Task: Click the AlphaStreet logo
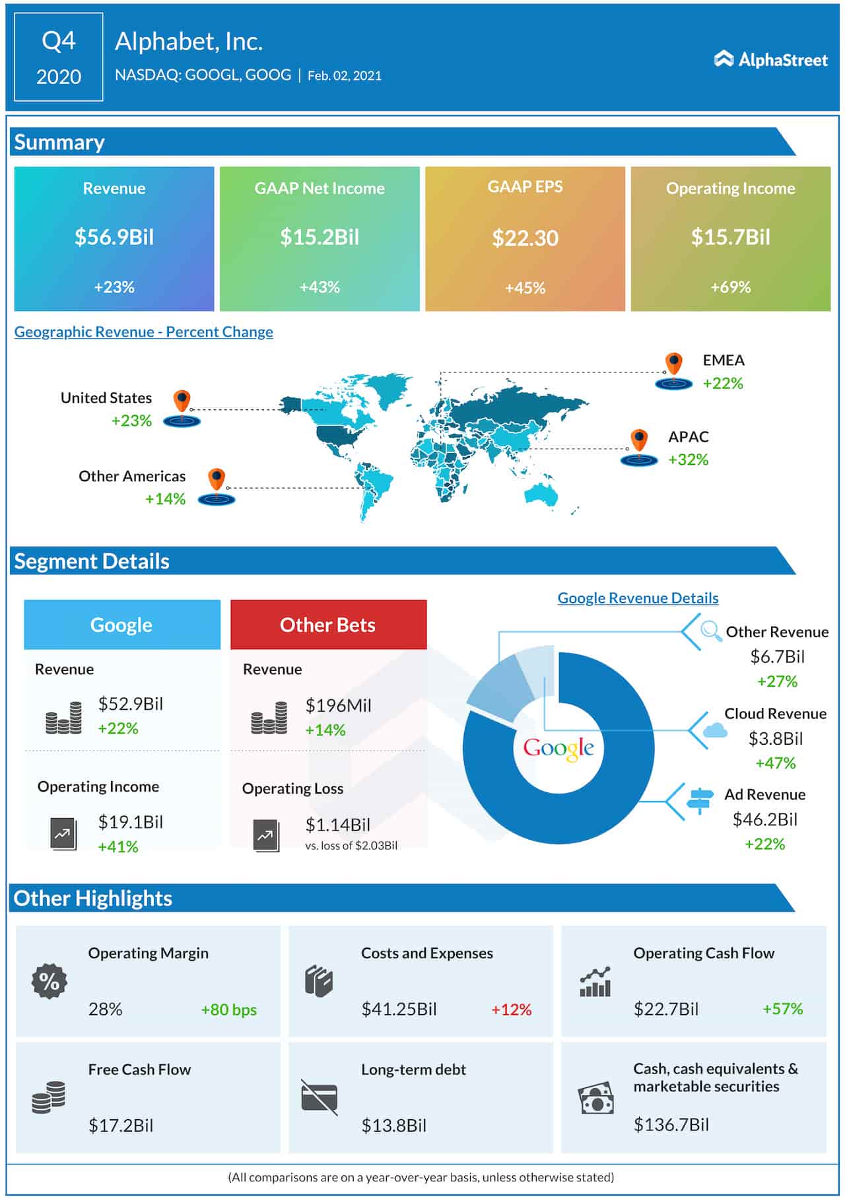(x=770, y=59)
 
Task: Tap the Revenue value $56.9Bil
(x=114, y=237)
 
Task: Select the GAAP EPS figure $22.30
(x=525, y=238)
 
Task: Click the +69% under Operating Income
(x=730, y=287)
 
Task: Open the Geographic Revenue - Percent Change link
(x=143, y=331)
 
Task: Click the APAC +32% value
(x=688, y=460)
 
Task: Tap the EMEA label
(x=724, y=360)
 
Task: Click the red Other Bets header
(x=328, y=625)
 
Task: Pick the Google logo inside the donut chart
(x=558, y=748)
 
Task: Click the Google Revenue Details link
(x=638, y=598)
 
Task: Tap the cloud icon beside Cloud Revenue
(x=715, y=730)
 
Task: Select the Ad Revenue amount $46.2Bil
(x=764, y=819)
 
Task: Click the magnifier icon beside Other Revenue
(x=710, y=631)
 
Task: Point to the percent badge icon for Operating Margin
(x=50, y=981)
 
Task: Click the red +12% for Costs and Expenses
(x=511, y=1010)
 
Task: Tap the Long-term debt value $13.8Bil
(x=393, y=1126)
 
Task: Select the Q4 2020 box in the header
(x=59, y=58)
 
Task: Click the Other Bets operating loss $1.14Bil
(x=337, y=825)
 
